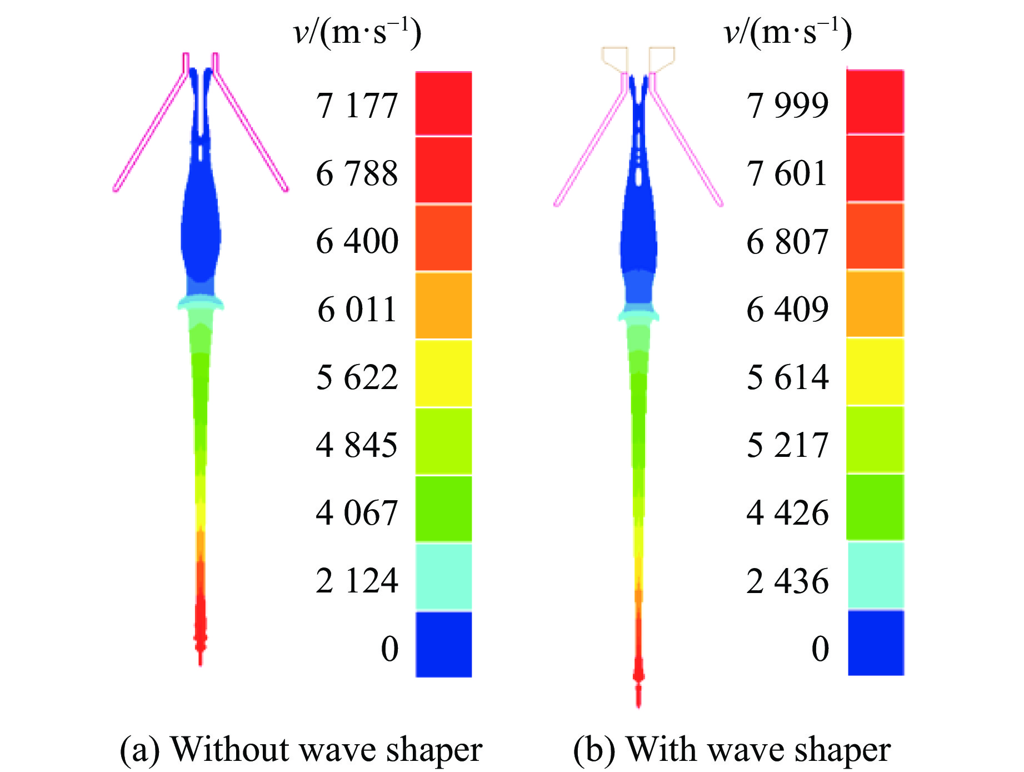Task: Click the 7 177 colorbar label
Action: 357,105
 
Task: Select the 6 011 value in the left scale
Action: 357,309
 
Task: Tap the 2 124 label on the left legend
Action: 357,581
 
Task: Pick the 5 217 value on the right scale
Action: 787,445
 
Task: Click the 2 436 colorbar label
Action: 787,581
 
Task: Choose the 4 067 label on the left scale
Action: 357,512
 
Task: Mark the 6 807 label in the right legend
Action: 787,241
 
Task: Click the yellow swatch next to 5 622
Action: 443,373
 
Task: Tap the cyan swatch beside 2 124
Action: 443,576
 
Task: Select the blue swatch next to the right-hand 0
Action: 876,642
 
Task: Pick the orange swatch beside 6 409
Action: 875,303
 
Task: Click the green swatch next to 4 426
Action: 875,507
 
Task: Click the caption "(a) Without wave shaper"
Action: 301,750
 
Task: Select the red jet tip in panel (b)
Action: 638,667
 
